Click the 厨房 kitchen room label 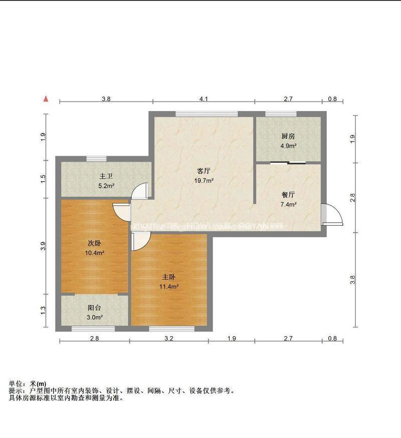(288, 136)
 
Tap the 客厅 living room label (204, 171)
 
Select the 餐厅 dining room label (288, 195)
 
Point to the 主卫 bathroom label (106, 176)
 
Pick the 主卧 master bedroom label (168, 277)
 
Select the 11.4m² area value (169, 286)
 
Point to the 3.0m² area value (95, 318)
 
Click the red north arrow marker (46, 99)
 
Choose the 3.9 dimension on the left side (44, 246)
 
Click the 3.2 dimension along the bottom (168, 339)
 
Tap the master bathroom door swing (141, 190)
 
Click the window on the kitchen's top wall (280, 114)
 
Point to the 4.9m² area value (288, 146)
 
